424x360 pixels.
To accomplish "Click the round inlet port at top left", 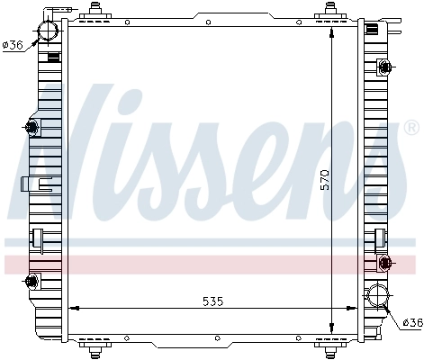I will [47, 31].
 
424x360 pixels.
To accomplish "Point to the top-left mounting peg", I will [94, 10].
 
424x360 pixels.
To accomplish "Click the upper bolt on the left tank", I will [33, 128].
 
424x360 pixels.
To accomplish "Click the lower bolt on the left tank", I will [33, 282].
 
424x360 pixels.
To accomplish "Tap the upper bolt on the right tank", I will [384, 67].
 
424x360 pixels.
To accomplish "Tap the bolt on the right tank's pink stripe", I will [385, 263].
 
